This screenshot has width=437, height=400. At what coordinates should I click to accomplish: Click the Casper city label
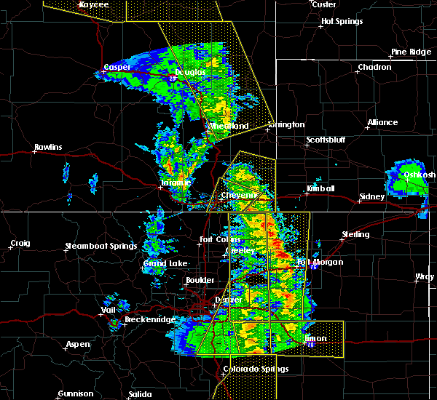pos(117,67)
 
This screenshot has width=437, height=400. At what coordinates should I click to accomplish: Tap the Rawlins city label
pos(48,148)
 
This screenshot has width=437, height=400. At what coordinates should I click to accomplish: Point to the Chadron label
pos(374,68)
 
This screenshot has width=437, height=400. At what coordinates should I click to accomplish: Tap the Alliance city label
pos(382,122)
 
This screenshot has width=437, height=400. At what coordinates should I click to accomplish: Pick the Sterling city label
pos(356,235)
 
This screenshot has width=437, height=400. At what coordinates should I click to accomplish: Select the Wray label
pos(425,277)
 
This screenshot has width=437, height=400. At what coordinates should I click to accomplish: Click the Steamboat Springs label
pos(101,246)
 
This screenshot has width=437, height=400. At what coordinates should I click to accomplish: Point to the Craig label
pos(20,243)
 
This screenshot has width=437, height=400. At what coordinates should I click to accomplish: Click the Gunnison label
pos(76,393)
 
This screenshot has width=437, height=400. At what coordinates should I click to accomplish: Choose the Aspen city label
pos(78,344)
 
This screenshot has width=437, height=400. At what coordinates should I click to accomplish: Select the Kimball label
pos(320,188)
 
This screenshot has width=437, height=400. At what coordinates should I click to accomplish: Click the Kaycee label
pos(93,4)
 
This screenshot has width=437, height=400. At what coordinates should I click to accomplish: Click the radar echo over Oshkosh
pos(408,178)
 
